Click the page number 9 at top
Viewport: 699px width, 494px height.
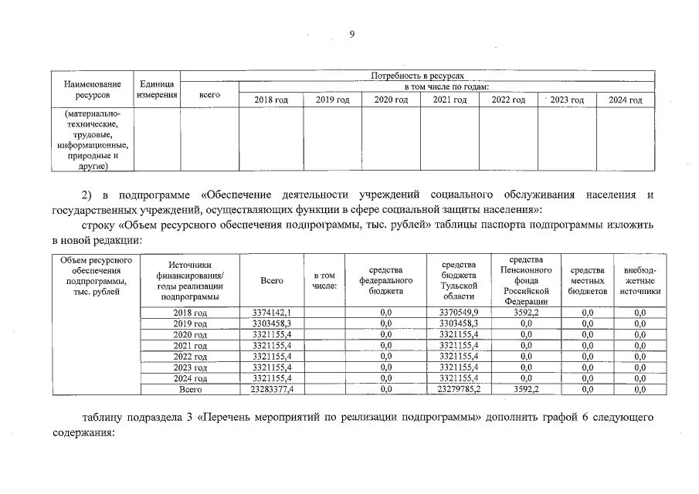click(351, 34)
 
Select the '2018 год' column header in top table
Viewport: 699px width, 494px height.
click(271, 100)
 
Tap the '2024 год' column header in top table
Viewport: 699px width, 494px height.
click(625, 100)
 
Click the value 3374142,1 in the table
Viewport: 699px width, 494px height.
click(271, 312)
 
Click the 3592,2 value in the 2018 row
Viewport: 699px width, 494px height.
click(526, 312)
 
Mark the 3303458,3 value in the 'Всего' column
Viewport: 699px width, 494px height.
click(271, 323)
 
